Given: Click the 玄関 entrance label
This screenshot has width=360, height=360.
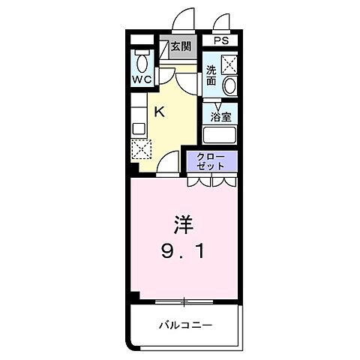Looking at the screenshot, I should click(x=180, y=46).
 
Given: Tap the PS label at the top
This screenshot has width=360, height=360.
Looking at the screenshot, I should click(x=221, y=41).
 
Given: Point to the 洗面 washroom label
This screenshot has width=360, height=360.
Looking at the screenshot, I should click(x=211, y=74).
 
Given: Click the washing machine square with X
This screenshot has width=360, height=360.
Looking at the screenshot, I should click(x=229, y=64).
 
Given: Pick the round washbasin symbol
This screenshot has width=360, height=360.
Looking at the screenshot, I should click(x=229, y=85).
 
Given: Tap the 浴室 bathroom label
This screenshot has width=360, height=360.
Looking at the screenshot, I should click(x=220, y=117).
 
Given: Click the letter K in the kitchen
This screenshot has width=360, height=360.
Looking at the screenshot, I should click(x=159, y=112).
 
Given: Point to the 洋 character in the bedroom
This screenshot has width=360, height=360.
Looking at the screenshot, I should click(x=184, y=224).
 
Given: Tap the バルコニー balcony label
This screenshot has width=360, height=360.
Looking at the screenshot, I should click(x=184, y=325).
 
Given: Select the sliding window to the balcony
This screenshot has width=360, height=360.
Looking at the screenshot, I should click(x=183, y=301).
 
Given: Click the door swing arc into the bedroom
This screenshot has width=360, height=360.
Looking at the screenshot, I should click(x=169, y=163).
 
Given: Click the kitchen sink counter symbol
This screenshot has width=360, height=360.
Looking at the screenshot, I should click(x=137, y=120).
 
